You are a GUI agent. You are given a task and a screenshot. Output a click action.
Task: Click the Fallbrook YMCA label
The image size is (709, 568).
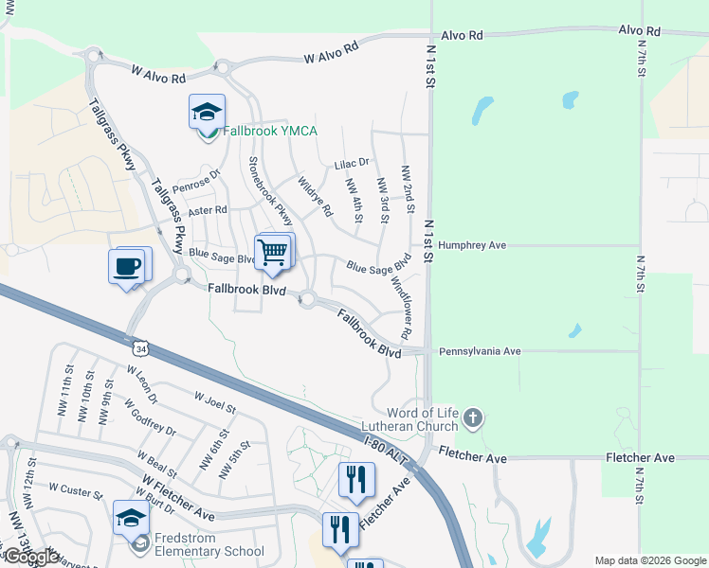point(269,132)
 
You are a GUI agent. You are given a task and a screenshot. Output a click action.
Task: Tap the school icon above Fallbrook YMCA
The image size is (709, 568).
point(207,113)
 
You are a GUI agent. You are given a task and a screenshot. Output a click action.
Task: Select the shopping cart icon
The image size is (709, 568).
point(273,251)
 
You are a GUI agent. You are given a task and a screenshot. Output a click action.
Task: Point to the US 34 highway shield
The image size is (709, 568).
point(140,349)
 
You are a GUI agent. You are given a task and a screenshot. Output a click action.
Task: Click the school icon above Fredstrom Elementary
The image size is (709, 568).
point(131,518)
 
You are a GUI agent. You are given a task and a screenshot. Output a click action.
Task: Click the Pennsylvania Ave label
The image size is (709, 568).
point(480,351)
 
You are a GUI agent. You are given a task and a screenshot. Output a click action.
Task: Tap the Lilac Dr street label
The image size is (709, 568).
point(351,164)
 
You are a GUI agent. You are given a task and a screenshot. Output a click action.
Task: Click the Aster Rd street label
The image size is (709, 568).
point(208,210)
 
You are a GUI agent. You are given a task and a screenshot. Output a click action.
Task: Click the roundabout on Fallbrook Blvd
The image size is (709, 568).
point(307,300)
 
